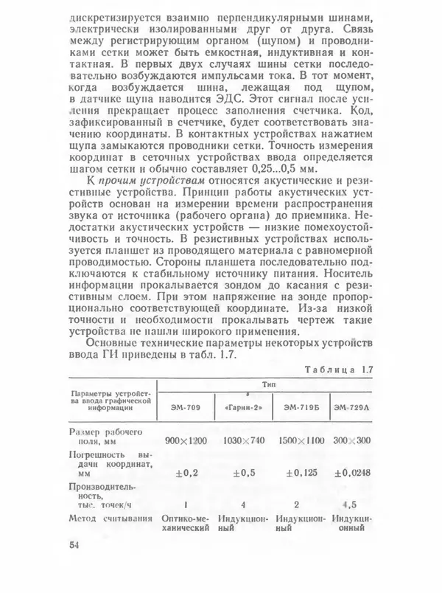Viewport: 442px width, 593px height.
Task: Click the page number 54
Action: tap(74, 546)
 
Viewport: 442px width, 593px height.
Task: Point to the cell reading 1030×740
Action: tap(244, 440)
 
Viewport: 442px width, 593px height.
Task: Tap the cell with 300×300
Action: tap(351, 440)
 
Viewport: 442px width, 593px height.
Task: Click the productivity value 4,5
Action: tap(350, 505)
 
